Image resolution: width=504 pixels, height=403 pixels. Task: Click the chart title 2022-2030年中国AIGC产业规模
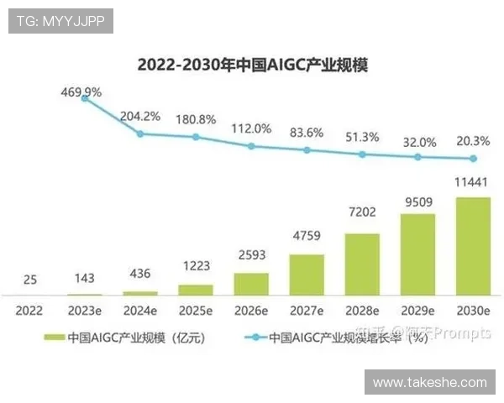tap(252, 65)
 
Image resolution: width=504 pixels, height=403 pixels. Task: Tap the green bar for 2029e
tap(417, 254)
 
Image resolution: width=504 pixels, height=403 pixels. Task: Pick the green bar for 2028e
tap(362, 264)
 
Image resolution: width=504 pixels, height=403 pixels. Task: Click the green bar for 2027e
tap(307, 275)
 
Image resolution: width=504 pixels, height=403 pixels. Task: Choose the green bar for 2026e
tap(251, 284)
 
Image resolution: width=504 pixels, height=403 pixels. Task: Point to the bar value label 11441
tap(473, 182)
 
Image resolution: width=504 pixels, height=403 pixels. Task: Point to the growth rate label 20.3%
tap(473, 141)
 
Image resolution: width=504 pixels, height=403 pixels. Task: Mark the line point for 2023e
tap(85, 98)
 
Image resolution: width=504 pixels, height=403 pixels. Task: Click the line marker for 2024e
tap(140, 133)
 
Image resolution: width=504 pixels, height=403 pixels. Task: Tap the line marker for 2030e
tap(473, 159)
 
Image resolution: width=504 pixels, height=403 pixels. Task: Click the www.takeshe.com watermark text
tap(429, 382)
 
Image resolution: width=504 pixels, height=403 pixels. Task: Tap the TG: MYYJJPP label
tap(60, 21)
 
